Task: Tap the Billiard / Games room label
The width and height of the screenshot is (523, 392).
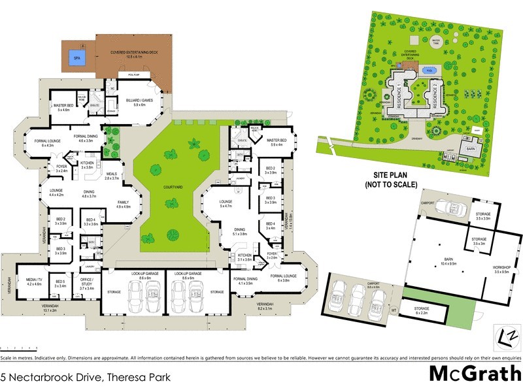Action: click(139, 102)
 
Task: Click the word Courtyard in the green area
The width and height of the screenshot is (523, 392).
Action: click(173, 187)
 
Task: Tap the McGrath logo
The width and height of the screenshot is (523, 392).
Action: click(474, 373)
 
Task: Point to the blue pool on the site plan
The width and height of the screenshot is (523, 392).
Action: click(428, 69)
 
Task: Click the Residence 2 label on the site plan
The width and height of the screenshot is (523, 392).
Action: click(434, 95)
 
